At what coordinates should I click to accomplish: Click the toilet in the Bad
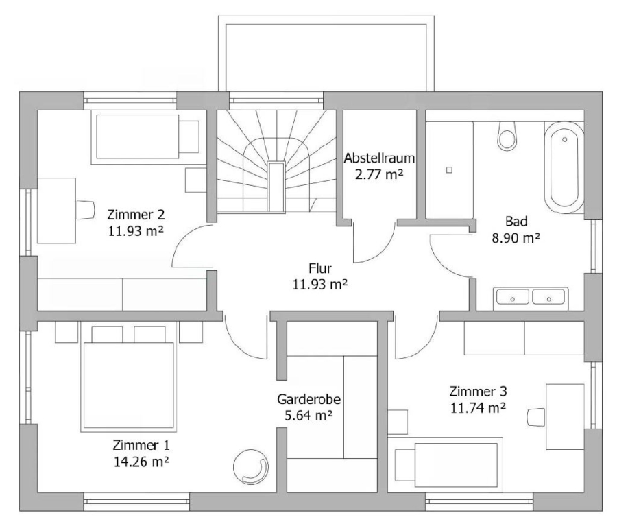point(507,136)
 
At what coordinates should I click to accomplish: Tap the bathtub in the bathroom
point(564,167)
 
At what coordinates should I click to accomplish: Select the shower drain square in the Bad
point(449,170)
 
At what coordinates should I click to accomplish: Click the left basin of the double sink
point(512,297)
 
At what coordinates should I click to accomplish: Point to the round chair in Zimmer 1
point(251,467)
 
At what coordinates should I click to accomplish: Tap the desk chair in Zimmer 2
point(86,209)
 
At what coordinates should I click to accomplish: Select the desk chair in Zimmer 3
point(536,417)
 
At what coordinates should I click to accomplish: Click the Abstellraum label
point(379,158)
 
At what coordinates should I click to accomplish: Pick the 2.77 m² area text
point(379,174)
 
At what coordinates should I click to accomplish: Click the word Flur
point(320,268)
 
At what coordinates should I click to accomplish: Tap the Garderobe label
point(309,399)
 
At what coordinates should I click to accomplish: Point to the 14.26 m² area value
point(141,462)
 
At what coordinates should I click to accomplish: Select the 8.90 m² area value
point(516,238)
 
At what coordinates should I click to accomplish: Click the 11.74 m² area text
point(478,408)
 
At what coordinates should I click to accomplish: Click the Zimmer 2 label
point(136,215)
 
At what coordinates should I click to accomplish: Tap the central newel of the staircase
point(276,187)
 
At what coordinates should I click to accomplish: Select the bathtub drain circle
point(564,139)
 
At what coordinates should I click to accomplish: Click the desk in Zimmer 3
point(565,416)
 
